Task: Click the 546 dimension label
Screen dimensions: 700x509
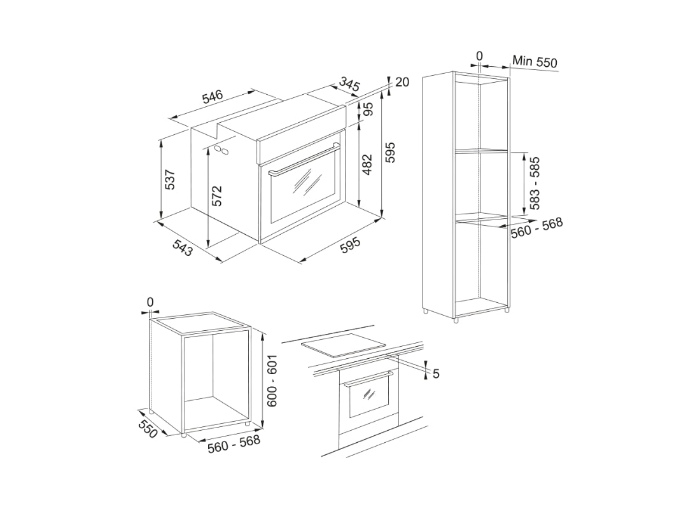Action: [x=213, y=97]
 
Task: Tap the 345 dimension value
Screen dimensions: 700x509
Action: [x=349, y=84]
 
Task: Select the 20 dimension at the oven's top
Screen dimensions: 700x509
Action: [x=402, y=82]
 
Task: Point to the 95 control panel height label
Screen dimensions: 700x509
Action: [x=368, y=109]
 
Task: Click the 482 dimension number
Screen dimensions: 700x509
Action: [x=367, y=165]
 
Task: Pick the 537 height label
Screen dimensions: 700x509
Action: [x=171, y=179]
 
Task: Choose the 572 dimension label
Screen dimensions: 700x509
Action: [x=216, y=196]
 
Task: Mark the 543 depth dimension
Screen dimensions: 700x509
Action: [x=182, y=248]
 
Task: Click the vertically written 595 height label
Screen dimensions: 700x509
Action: [x=389, y=153]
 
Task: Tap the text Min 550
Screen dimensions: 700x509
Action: [x=535, y=61]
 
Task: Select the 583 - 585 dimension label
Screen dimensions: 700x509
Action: [x=535, y=183]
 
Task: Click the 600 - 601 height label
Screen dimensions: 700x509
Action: [x=272, y=380]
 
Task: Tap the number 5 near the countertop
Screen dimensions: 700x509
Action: [x=436, y=373]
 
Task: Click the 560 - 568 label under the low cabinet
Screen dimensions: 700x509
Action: [x=234, y=444]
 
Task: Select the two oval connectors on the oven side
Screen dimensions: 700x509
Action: [x=221, y=150]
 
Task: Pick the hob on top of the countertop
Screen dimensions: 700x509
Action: [x=344, y=345]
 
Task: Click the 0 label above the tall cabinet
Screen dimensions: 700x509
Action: [x=479, y=56]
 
